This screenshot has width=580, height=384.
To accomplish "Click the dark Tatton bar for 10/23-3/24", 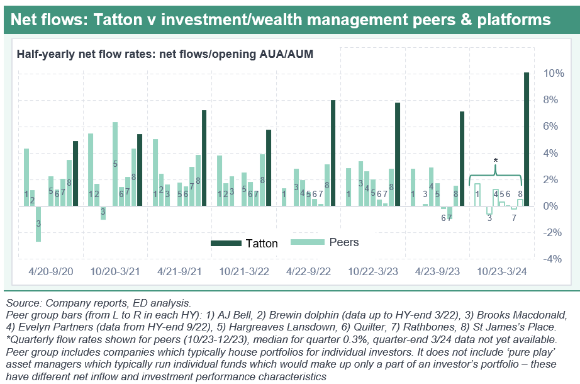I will [527, 139].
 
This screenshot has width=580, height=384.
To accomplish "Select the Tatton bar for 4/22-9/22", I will [333, 153].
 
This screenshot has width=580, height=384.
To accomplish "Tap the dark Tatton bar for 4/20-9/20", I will [75, 173].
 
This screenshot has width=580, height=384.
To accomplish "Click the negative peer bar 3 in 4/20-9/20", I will [38, 223].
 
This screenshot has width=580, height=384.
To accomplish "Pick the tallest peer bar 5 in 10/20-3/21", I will [115, 164].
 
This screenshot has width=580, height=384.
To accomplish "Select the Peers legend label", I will [344, 242].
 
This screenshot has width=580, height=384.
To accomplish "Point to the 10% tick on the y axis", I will [553, 74].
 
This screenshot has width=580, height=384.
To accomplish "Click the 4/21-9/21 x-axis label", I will [178, 271].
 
